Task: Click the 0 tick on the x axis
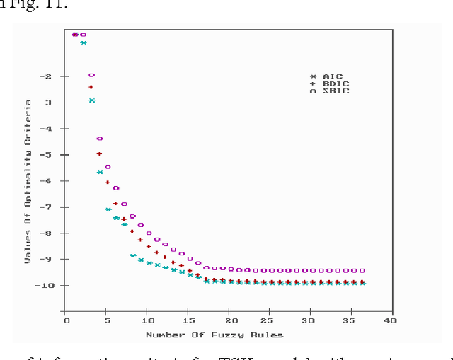67,321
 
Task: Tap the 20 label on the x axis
228,321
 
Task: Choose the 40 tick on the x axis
389,321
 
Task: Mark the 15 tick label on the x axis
188,321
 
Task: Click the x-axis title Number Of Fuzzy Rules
214,335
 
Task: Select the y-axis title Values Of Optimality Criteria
29,181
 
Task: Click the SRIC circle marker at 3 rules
91,75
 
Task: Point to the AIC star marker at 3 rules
91,100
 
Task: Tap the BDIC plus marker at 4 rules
99,154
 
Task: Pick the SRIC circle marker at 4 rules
100,139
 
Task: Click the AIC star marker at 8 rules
132,255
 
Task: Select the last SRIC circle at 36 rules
362,270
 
